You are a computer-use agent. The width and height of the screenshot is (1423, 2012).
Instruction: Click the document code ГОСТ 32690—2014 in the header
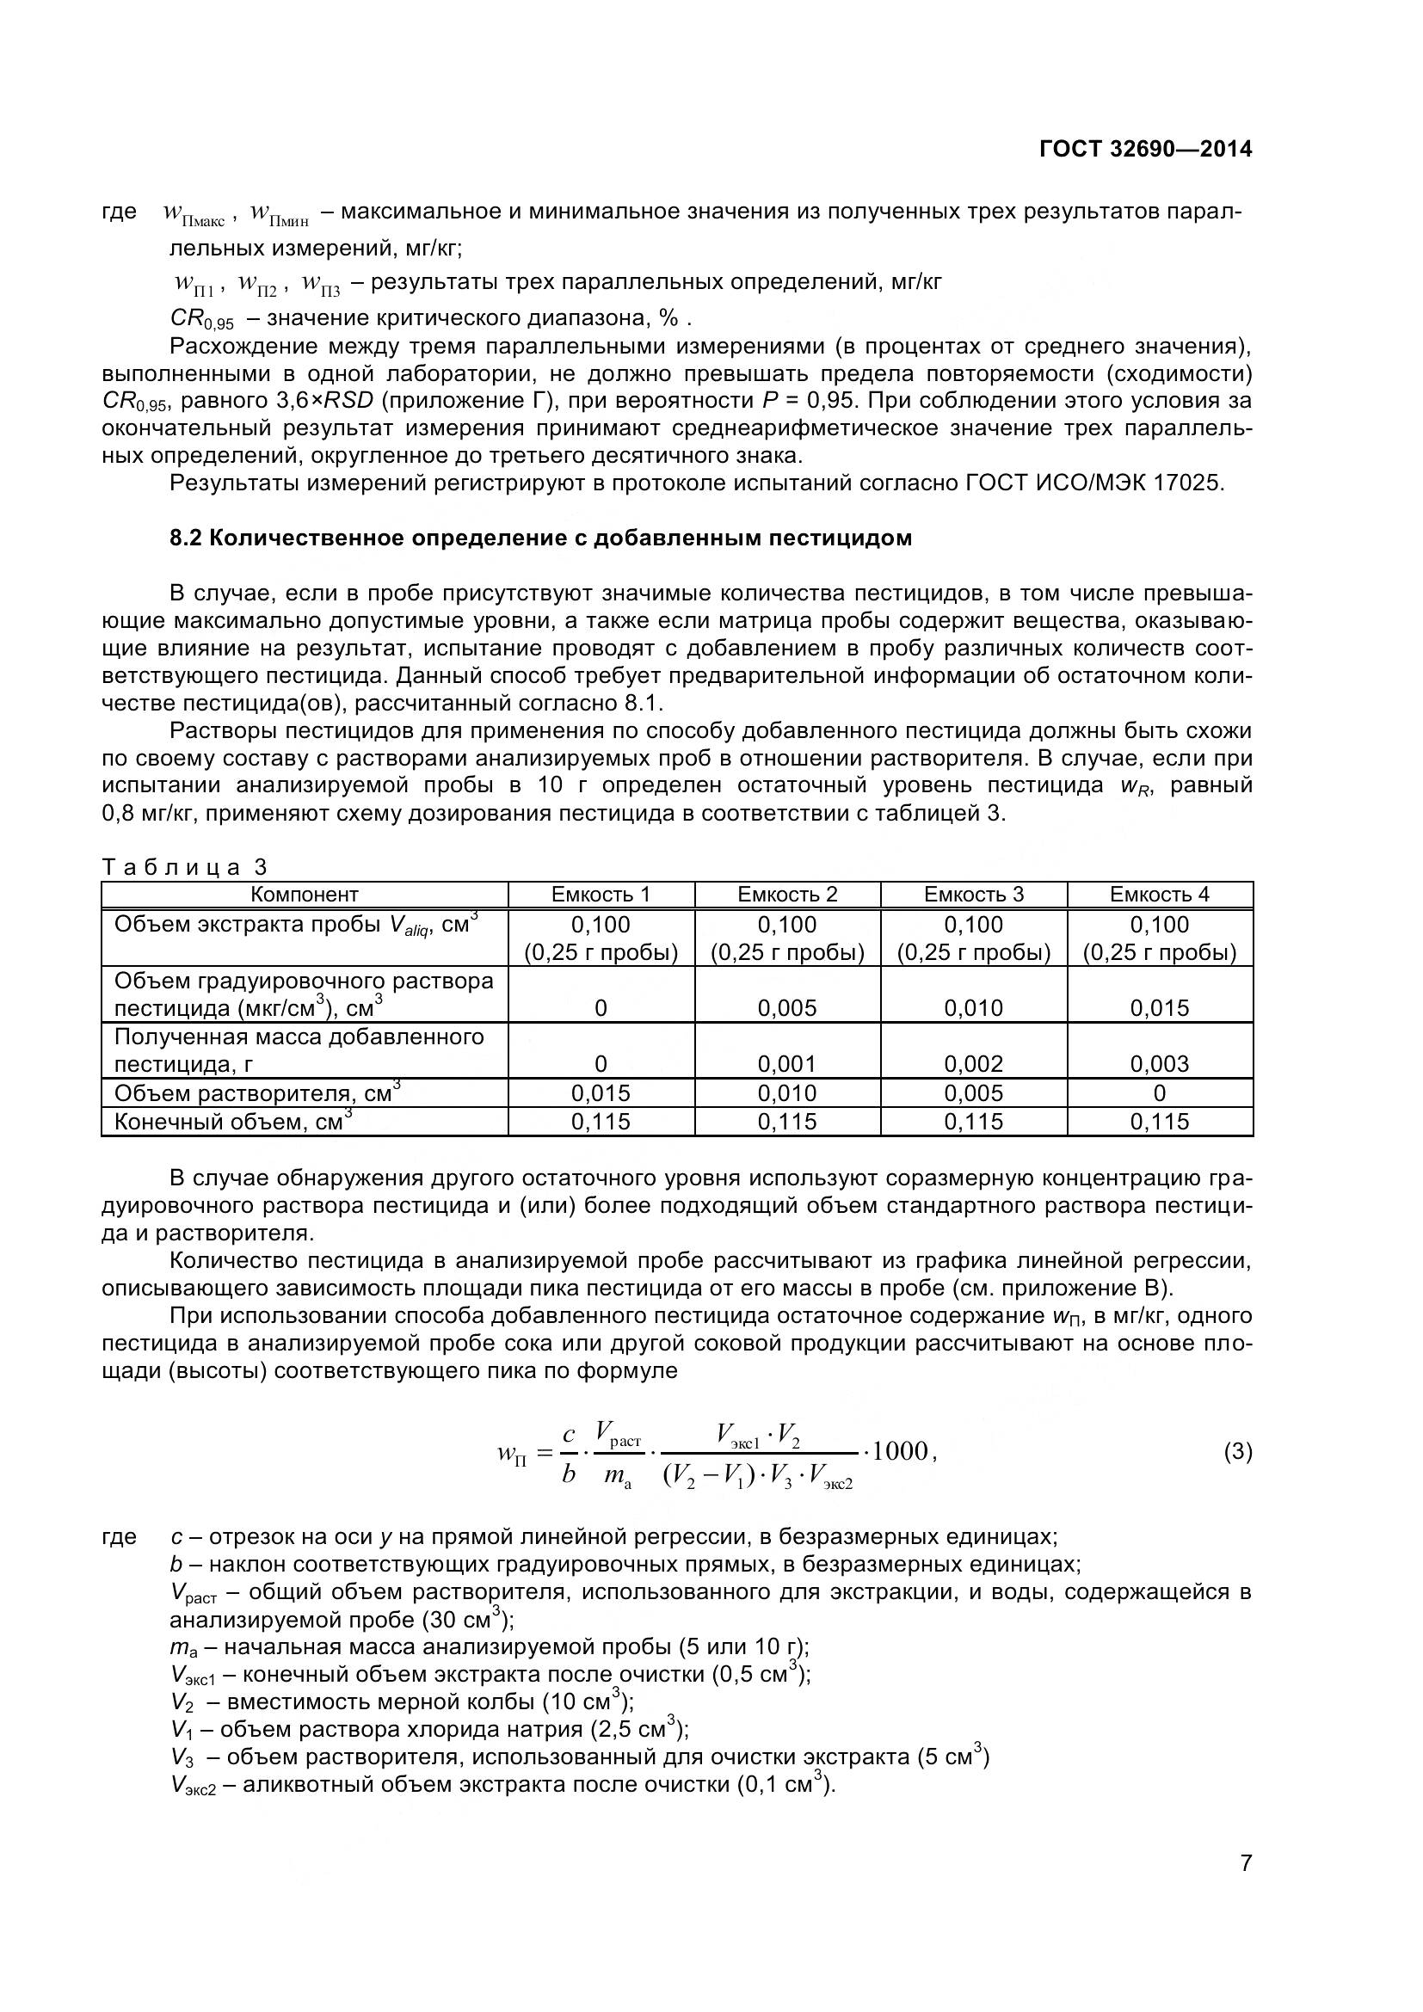coord(1145,149)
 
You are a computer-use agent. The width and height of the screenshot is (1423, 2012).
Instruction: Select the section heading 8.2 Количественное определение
coord(540,537)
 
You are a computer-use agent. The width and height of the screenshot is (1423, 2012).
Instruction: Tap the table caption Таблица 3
coord(184,867)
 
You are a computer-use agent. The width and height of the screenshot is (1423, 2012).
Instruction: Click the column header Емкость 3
coord(974,894)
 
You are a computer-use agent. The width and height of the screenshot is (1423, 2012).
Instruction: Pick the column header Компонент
coord(304,894)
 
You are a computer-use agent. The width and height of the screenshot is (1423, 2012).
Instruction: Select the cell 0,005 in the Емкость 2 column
coord(787,1008)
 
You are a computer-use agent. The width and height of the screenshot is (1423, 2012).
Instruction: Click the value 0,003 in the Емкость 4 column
coord(1159,1064)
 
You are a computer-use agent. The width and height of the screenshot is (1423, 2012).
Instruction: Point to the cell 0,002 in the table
coord(974,1064)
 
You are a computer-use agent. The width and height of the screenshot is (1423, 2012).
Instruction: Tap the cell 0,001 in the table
coord(787,1064)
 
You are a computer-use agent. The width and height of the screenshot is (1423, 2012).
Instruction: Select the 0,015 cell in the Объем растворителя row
coord(601,1092)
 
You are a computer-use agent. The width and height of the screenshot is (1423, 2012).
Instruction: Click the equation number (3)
coord(1237,1452)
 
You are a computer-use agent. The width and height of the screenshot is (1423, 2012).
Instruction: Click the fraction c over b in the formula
coord(569,1454)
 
